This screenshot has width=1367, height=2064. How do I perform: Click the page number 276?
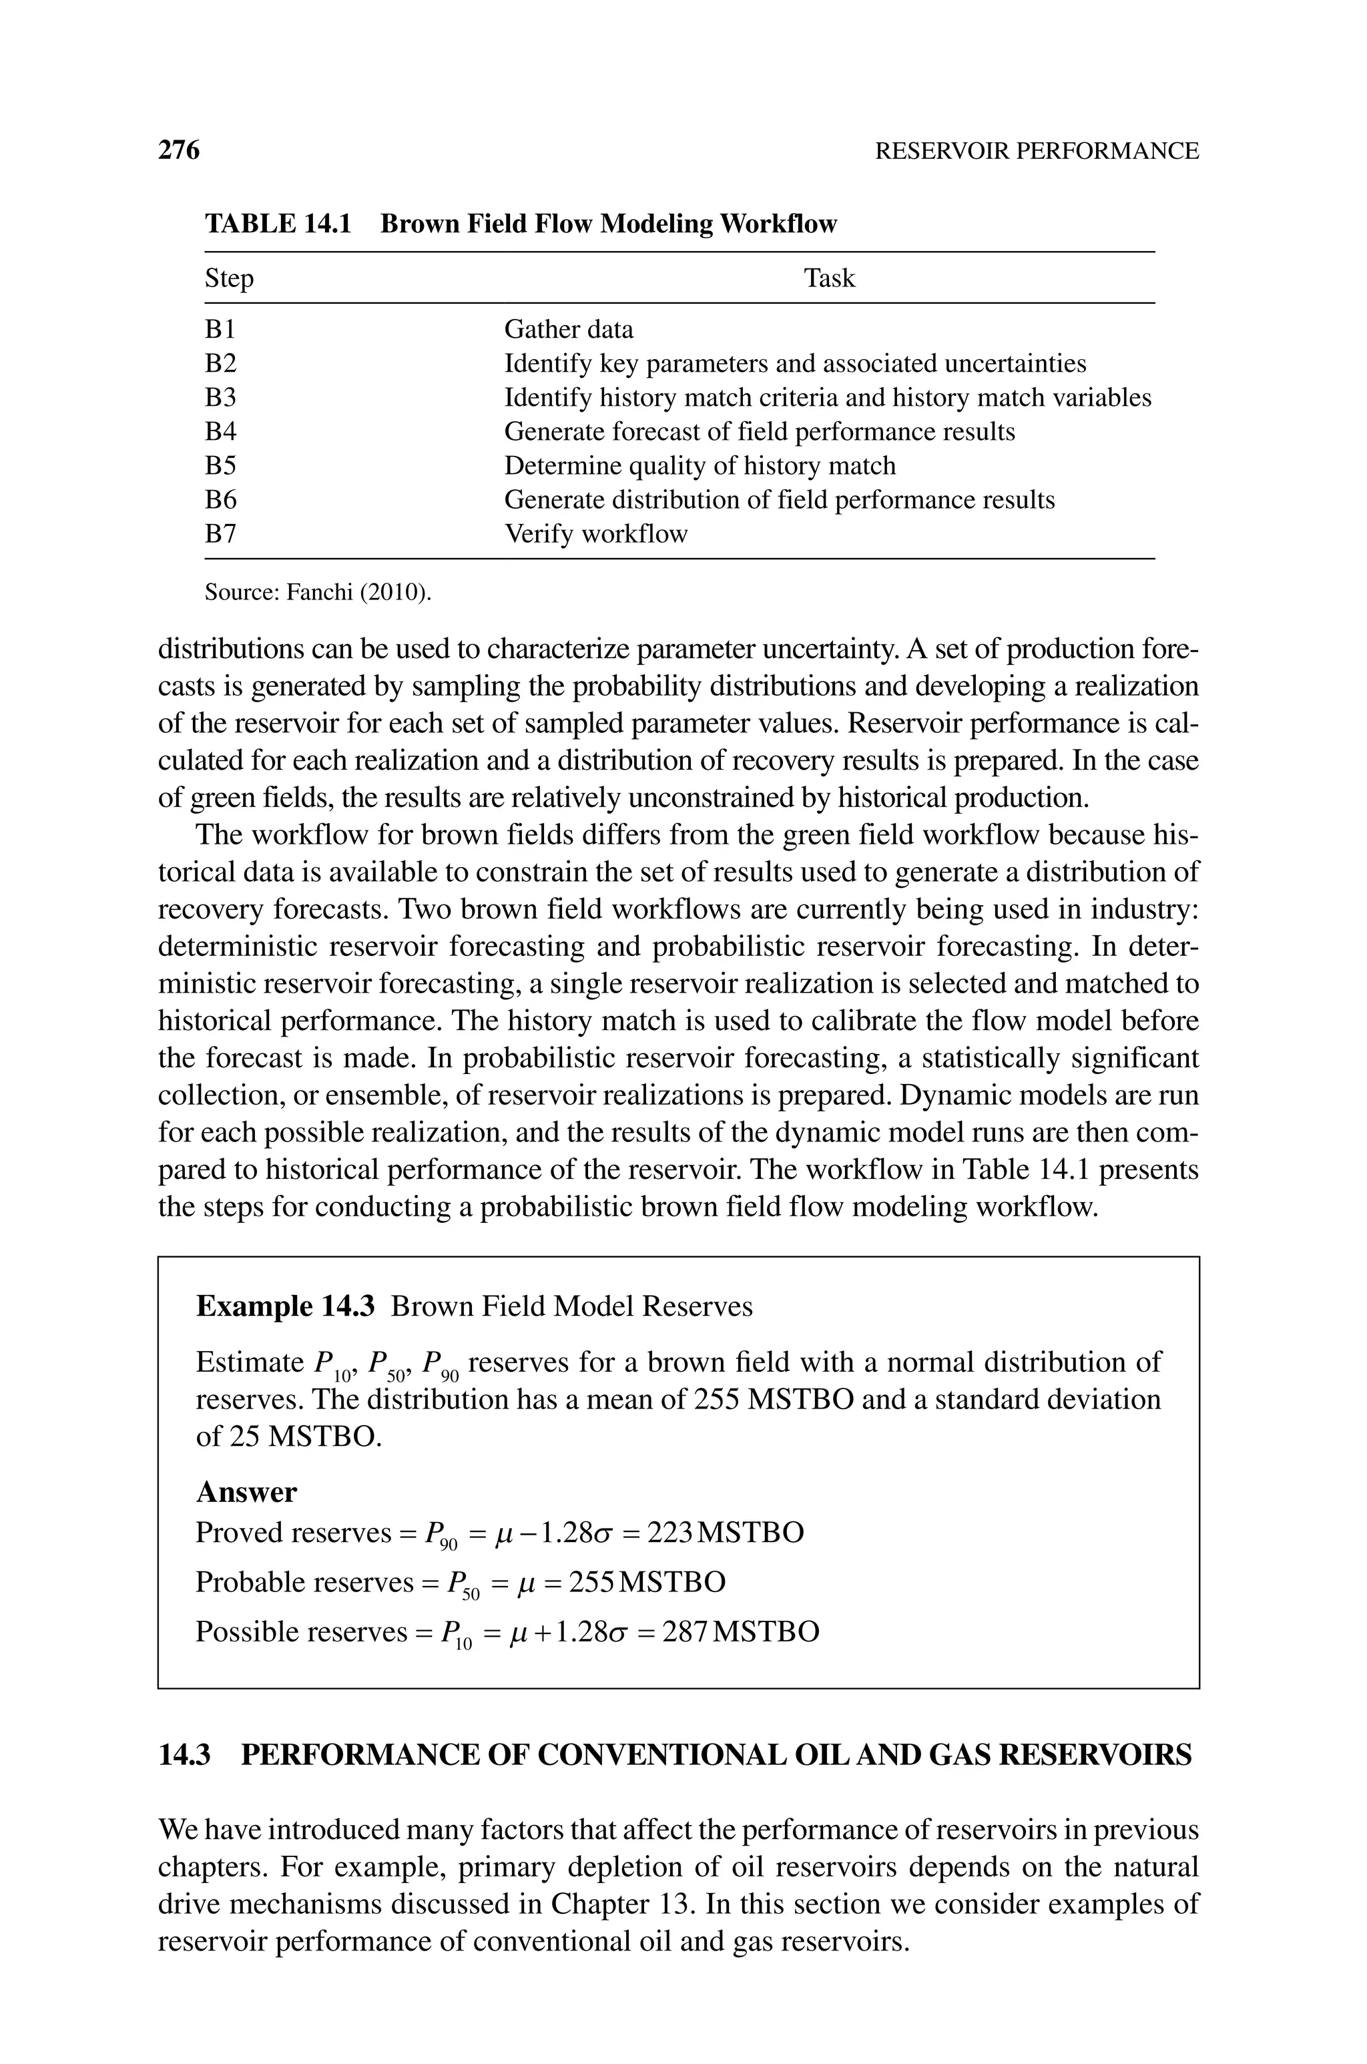[179, 150]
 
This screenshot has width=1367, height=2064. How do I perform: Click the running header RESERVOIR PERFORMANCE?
[1037, 151]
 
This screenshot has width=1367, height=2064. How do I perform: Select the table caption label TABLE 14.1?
[277, 224]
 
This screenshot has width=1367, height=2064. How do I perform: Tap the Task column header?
[828, 278]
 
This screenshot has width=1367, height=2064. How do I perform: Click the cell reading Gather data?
[569, 330]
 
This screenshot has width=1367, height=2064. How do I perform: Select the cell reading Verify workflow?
[595, 533]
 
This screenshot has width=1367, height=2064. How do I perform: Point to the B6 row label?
[220, 499]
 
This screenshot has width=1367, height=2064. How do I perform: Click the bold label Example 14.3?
[285, 1306]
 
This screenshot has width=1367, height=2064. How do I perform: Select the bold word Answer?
[246, 1492]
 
